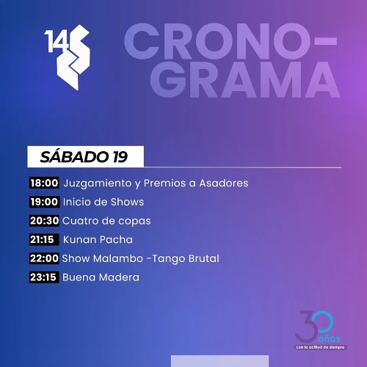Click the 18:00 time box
click(x=44, y=183)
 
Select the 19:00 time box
click(x=44, y=202)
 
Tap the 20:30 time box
click(x=44, y=221)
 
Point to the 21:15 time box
click(x=44, y=239)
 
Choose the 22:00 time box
click(x=44, y=258)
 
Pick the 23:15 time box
click(x=44, y=277)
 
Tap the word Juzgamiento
click(x=98, y=183)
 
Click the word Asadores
click(x=224, y=183)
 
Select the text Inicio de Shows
click(x=103, y=202)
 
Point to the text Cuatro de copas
click(x=106, y=221)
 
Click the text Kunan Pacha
click(x=98, y=239)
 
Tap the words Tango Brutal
click(x=186, y=259)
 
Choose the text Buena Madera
click(x=101, y=277)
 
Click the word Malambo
click(x=118, y=258)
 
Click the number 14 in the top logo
click(x=57, y=41)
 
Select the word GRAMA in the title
click(x=245, y=80)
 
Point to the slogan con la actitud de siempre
click(x=320, y=347)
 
